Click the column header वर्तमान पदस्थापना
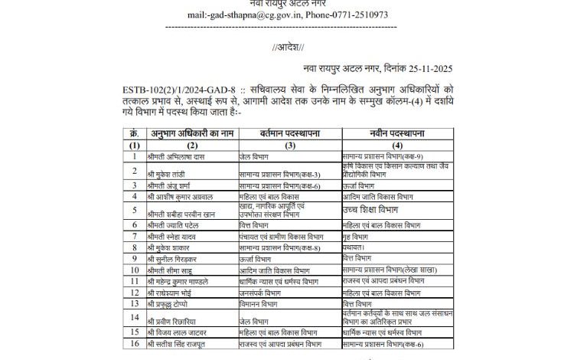[285, 134]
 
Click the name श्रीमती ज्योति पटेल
[174, 225]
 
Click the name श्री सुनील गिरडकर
[174, 259]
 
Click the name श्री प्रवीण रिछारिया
[175, 320]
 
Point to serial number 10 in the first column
[134, 270]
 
